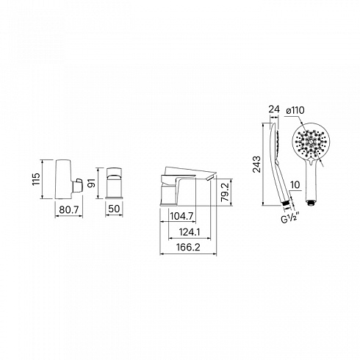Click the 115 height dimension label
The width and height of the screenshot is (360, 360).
pyautogui.click(x=36, y=179)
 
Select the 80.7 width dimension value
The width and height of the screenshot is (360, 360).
pyautogui.click(x=69, y=209)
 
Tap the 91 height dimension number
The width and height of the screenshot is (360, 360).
pyautogui.click(x=92, y=183)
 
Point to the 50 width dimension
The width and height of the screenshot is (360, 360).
pyautogui.click(x=114, y=209)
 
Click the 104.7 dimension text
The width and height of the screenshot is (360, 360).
pyautogui.click(x=181, y=216)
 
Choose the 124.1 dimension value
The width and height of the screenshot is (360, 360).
pyautogui.click(x=190, y=231)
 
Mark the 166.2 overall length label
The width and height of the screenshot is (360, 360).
pyautogui.click(x=188, y=247)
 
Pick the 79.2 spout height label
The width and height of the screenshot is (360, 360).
pyautogui.click(x=225, y=192)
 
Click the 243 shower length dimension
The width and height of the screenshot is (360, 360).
pyautogui.click(x=257, y=164)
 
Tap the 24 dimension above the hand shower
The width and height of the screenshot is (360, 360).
pyautogui.click(x=274, y=109)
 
